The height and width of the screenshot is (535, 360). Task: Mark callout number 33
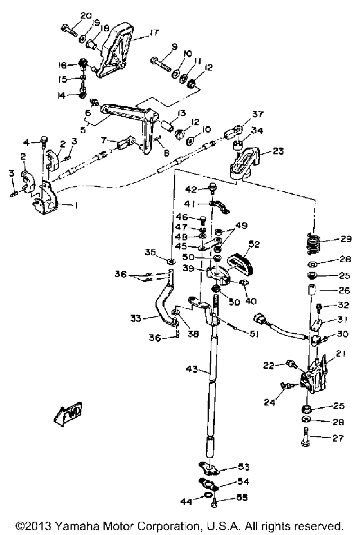(x=136, y=318)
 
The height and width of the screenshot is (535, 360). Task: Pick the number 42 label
(x=192, y=189)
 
